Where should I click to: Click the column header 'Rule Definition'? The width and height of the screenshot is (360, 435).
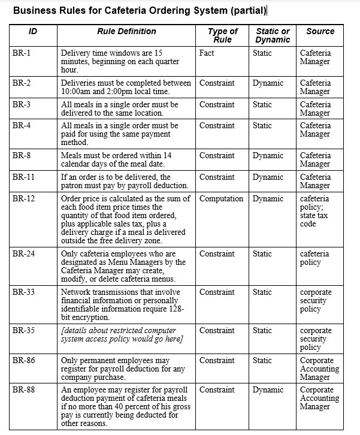pos(126,31)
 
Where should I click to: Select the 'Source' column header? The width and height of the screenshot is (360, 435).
pos(320,31)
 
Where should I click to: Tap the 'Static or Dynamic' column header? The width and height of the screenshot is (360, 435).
pos(273,35)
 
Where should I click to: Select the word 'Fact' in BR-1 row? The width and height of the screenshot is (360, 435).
pos(207,53)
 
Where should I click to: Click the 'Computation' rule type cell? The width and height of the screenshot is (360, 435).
pos(221,198)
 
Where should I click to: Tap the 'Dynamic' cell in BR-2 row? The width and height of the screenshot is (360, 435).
pos(268,83)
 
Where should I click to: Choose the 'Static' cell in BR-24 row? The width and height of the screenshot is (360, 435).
pos(262,253)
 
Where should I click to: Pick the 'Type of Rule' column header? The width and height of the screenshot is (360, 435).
pos(222,35)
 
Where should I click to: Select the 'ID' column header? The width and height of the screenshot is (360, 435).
pos(33,31)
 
